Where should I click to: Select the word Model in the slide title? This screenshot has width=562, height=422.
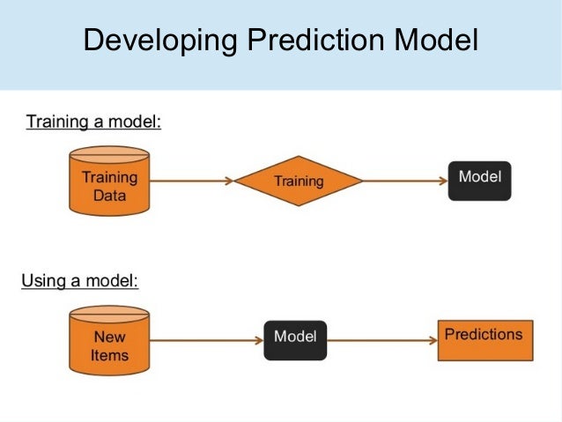click(x=436, y=41)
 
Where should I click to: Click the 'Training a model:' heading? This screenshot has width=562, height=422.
click(x=93, y=122)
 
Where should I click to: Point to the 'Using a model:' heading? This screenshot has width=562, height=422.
click(x=80, y=282)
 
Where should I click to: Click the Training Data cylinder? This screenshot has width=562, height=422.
click(x=109, y=181)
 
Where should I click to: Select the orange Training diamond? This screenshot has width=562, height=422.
click(x=299, y=181)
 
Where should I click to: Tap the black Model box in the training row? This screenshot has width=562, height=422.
click(x=479, y=180)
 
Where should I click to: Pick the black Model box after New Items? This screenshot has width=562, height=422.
click(x=295, y=339)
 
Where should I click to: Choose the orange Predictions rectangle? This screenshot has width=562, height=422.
click(x=484, y=339)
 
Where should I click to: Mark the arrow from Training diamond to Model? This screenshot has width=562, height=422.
click(x=405, y=181)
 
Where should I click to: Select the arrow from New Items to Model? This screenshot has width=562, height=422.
click(x=207, y=339)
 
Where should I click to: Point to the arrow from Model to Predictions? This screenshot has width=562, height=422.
click(x=381, y=339)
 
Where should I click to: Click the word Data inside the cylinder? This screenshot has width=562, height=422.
click(x=109, y=195)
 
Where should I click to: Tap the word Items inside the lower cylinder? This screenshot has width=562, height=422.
click(x=109, y=356)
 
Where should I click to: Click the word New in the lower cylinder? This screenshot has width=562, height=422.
click(x=109, y=337)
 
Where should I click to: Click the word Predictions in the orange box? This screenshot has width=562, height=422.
click(x=484, y=335)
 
